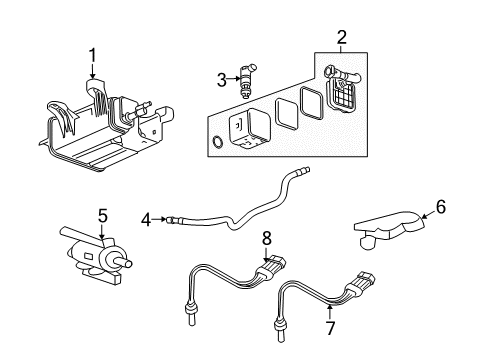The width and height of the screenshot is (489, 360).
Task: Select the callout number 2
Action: point(341,38)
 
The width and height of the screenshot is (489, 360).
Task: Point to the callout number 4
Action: point(146,218)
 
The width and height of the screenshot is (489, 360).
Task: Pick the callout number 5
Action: point(101,214)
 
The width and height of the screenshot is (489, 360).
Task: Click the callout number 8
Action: point(266,239)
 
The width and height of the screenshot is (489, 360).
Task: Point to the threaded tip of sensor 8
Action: point(188,319)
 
